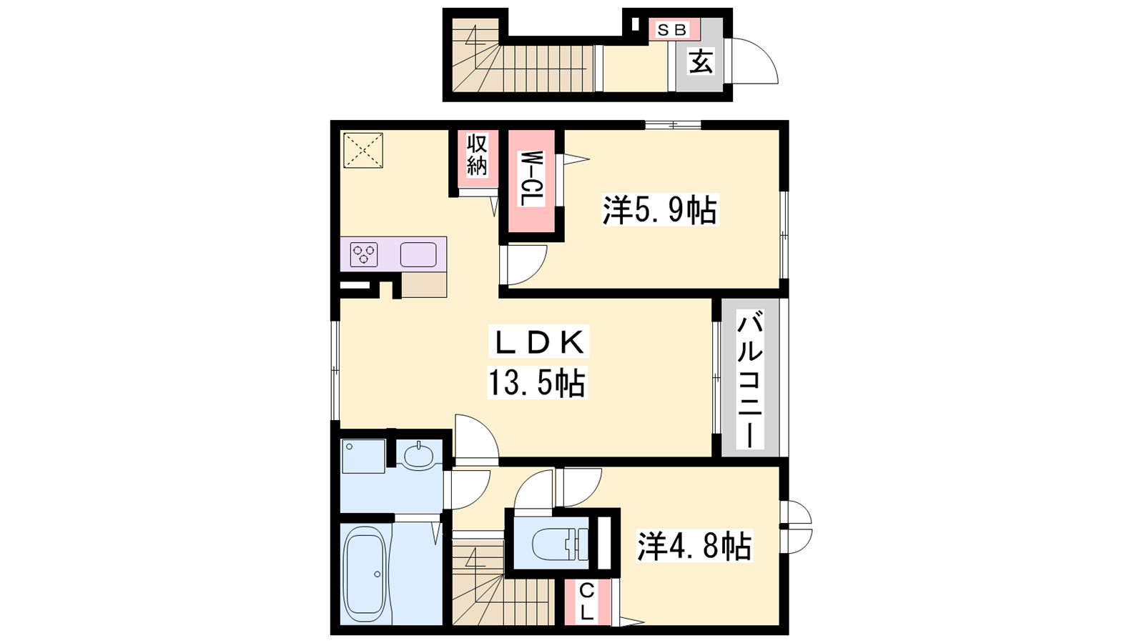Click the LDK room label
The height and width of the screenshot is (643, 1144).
[x=537, y=342]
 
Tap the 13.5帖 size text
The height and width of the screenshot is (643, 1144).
[x=537, y=383]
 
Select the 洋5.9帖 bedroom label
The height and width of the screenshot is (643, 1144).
[x=660, y=210]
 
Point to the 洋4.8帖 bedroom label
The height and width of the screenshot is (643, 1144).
[x=694, y=546]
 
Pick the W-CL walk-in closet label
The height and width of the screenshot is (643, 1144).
[x=531, y=178]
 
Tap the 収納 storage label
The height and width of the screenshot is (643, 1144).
[x=476, y=154]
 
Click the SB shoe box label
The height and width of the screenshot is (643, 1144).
[x=671, y=29]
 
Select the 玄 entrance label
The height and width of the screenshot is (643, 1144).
[x=700, y=61]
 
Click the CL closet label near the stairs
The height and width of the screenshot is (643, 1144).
[x=587, y=602]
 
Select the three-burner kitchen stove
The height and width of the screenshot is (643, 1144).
[x=364, y=254]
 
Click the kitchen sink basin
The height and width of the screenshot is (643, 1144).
[x=418, y=254]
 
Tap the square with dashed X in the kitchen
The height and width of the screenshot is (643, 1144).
[x=363, y=150]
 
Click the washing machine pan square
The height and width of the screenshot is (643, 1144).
[x=363, y=456]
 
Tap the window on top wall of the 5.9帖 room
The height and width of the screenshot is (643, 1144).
[x=672, y=124]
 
